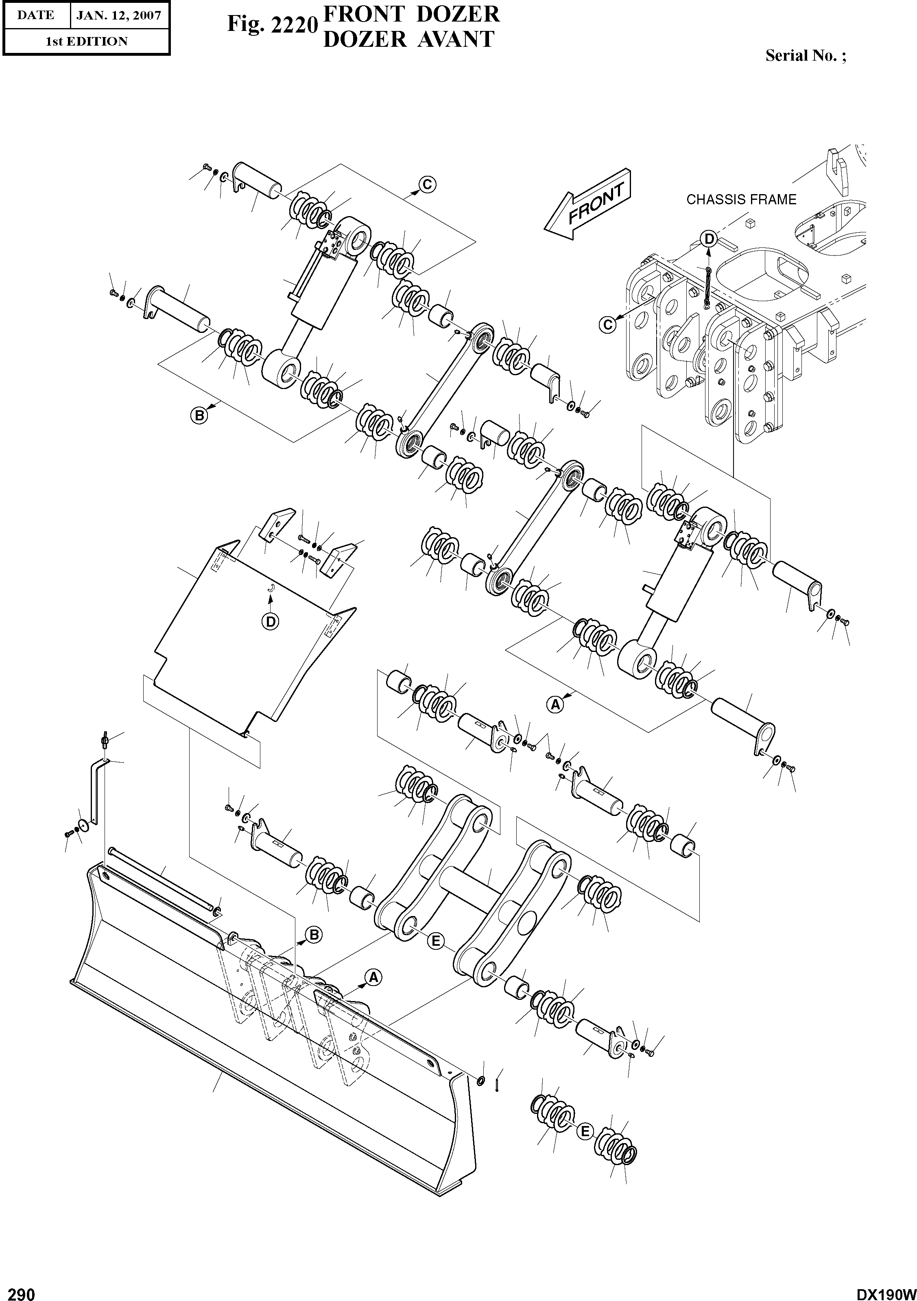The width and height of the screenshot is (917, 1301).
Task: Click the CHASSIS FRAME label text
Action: pos(741,199)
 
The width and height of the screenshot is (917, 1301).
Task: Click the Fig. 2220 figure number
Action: pos(271,24)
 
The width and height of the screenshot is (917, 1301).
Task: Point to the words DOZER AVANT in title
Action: pos(408,39)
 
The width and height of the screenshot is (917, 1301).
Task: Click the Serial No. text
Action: pos(805,55)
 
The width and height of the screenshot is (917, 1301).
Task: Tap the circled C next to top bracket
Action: pos(428,184)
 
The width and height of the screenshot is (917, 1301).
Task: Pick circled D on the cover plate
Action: pos(271,621)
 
